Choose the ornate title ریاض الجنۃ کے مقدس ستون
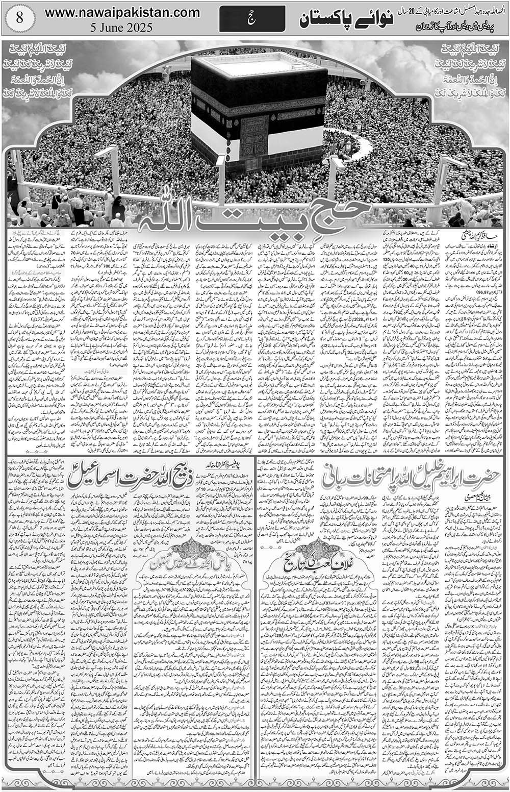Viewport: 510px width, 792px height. coord(191,563)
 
